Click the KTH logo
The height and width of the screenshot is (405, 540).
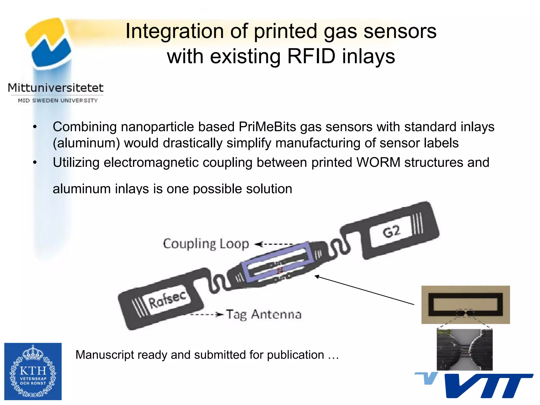click(33, 371)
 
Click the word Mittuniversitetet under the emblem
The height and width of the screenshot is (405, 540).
click(56, 88)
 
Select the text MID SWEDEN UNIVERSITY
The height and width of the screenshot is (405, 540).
click(58, 100)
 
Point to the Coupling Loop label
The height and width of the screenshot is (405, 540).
click(206, 244)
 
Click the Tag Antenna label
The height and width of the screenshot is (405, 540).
click(264, 315)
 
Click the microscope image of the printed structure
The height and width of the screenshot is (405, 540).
click(465, 349)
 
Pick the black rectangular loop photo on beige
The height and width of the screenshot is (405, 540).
click(465, 305)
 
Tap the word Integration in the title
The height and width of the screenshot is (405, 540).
click(174, 31)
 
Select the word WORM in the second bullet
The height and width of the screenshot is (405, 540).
click(378, 162)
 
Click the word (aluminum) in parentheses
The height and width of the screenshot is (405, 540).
click(86, 143)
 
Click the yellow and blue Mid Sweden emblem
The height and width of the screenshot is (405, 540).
click(49, 42)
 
